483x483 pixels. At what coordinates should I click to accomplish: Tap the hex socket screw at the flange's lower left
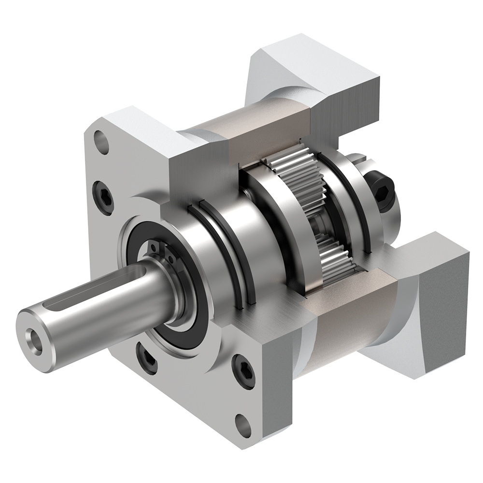pyautogui.click(x=147, y=358)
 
